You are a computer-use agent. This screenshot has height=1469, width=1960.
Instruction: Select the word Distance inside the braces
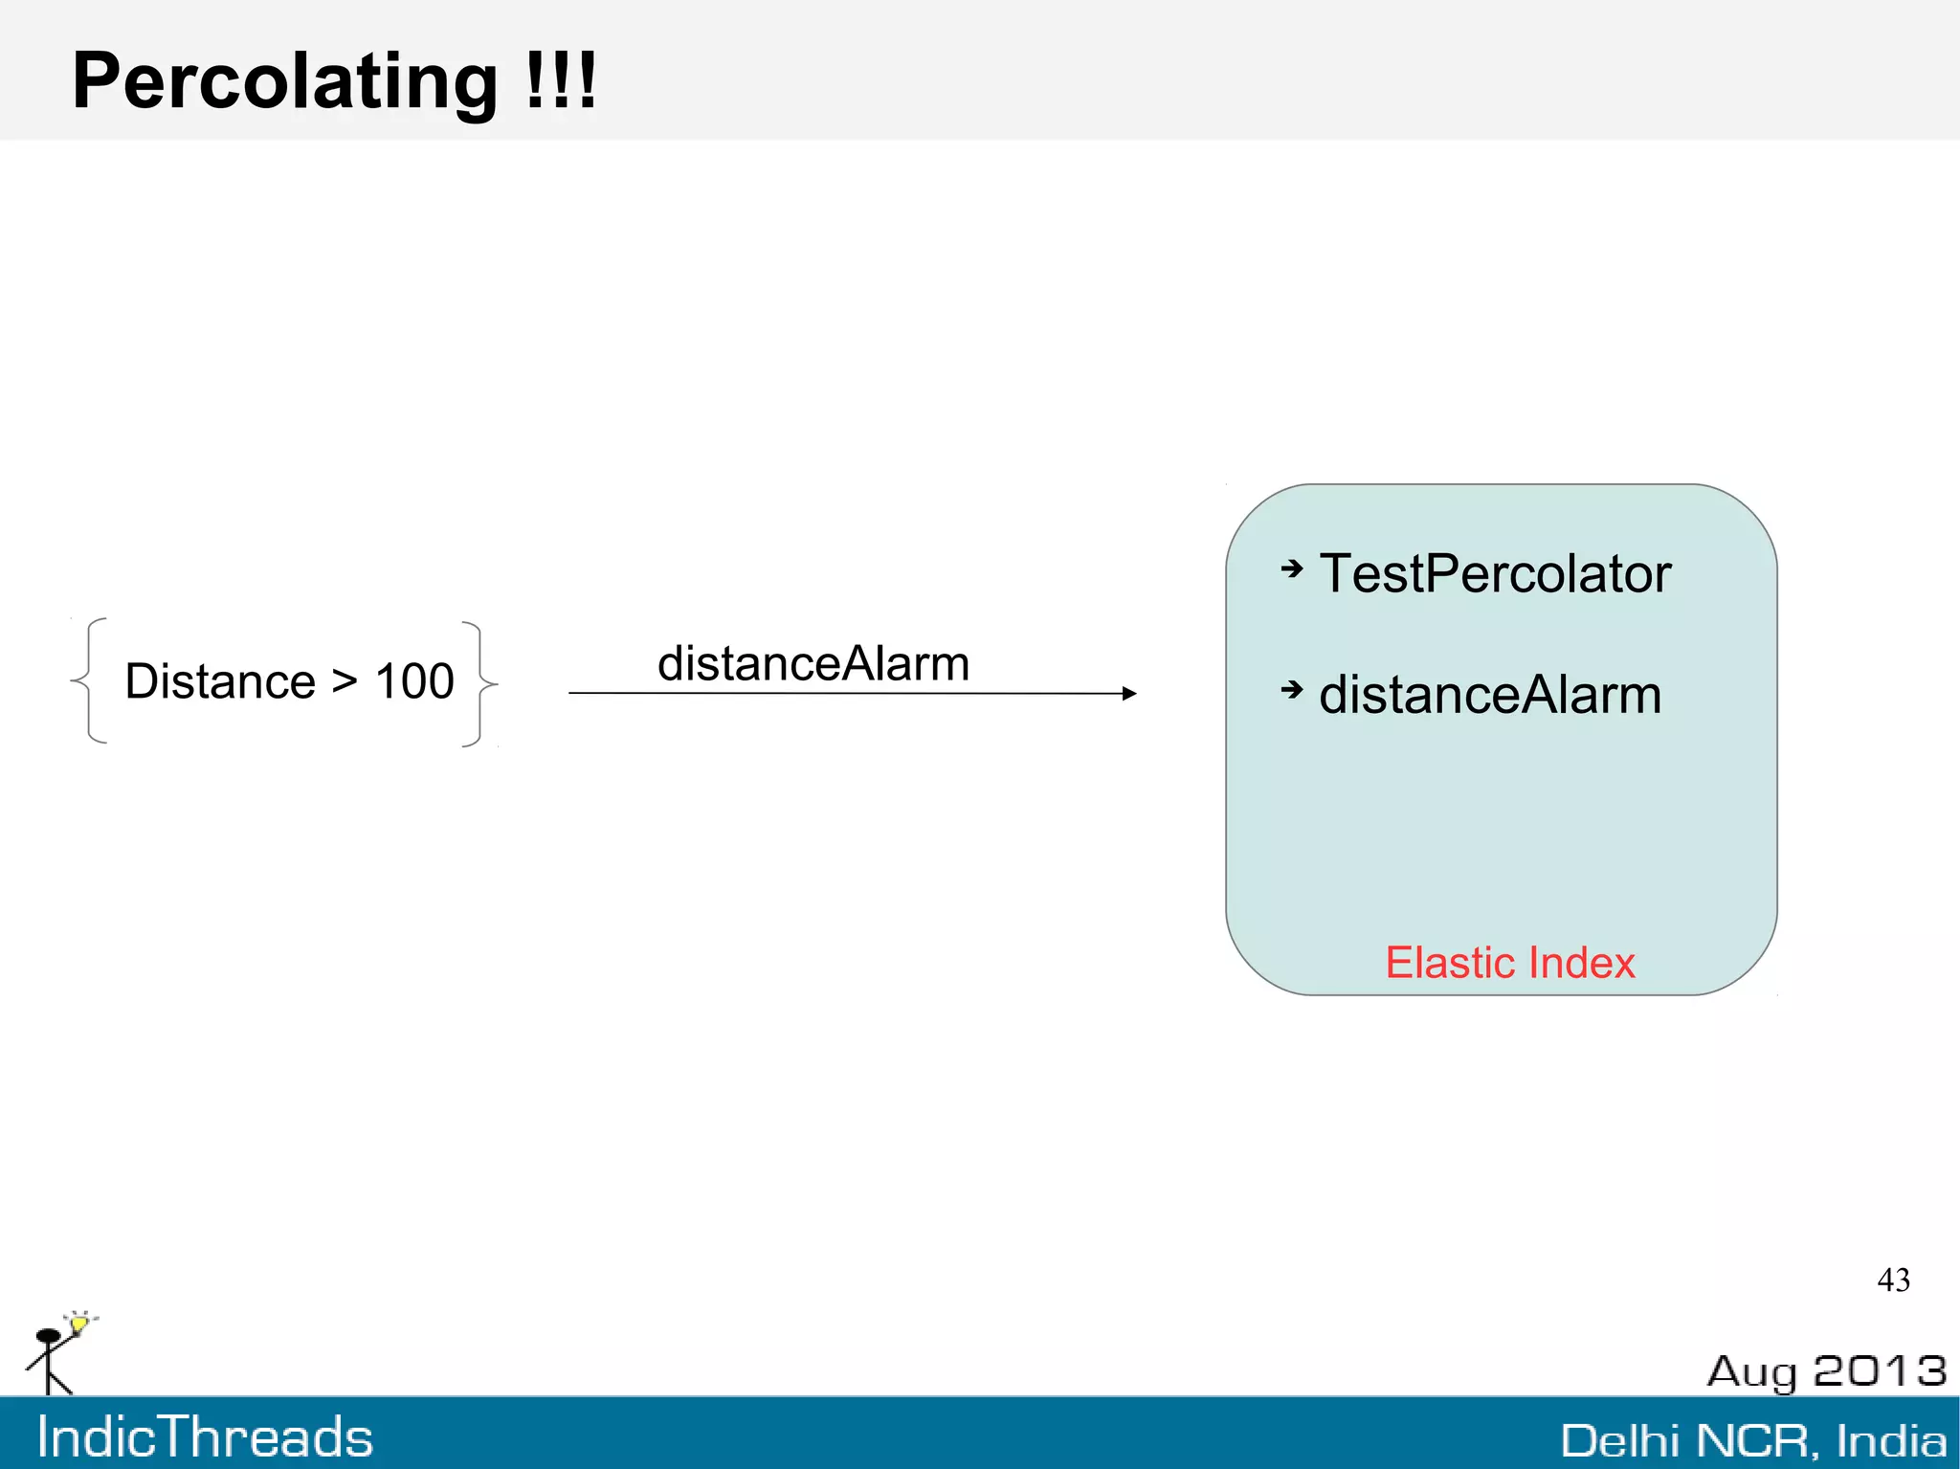[220, 681]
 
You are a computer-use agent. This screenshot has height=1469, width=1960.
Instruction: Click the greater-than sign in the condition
[345, 681]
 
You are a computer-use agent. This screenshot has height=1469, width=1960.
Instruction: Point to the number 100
[413, 681]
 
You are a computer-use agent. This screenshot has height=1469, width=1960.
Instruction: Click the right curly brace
[480, 683]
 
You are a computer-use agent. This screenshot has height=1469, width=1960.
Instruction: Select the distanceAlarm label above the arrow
[813, 663]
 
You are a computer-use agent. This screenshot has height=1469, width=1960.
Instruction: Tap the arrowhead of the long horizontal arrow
[1129, 693]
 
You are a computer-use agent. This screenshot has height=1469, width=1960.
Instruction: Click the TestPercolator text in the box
[1495, 573]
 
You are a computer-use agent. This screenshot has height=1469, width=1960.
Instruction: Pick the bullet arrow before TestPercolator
[1292, 569]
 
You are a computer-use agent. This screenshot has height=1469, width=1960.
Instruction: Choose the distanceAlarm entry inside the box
[1490, 695]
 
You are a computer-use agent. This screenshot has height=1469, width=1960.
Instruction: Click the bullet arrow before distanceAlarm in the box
[1292, 689]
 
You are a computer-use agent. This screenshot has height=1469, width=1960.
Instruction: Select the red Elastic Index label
[1510, 963]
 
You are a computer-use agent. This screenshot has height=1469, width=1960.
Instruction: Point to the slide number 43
[1893, 1280]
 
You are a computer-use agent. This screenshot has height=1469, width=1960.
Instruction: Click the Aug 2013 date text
[1826, 1371]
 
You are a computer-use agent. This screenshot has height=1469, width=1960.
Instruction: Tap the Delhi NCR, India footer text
[1753, 1440]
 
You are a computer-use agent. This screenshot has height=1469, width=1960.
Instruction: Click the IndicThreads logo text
[205, 1437]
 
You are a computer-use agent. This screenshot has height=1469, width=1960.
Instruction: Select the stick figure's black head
[48, 1336]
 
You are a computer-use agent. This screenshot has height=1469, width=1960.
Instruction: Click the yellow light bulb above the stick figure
[79, 1324]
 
